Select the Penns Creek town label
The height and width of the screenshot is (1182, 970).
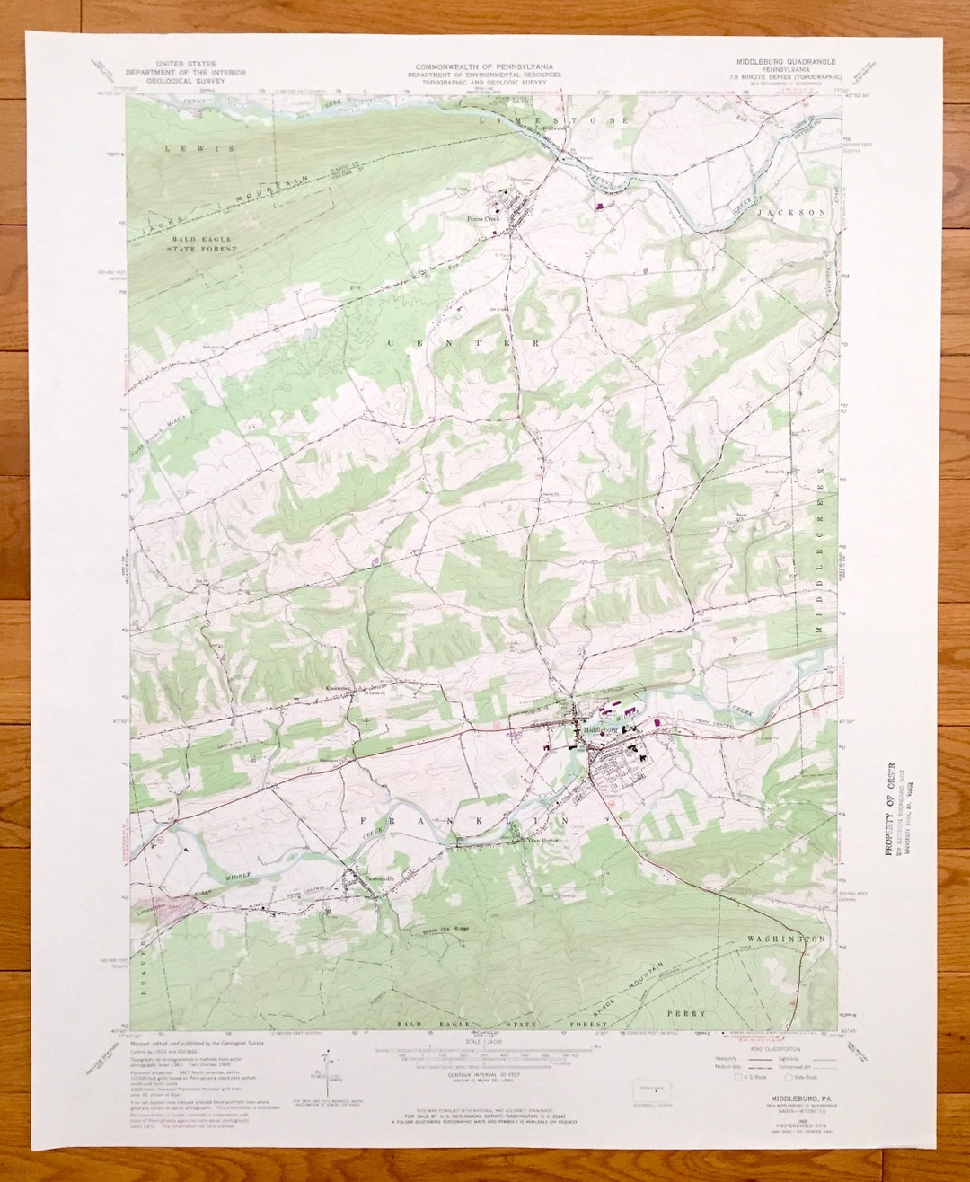[x=482, y=218]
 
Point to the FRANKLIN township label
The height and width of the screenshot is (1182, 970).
[x=464, y=821]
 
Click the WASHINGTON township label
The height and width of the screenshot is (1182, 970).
[x=786, y=939]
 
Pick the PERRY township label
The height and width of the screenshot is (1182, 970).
[x=711, y=1013]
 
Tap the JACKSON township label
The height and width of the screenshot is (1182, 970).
[x=791, y=213]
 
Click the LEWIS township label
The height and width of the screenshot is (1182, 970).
[x=198, y=148]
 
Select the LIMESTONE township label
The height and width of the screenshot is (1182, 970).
[x=554, y=119]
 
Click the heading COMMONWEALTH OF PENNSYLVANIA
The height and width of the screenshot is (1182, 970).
[x=484, y=67]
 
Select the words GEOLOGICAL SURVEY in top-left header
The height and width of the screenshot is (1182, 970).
[x=176, y=81]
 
